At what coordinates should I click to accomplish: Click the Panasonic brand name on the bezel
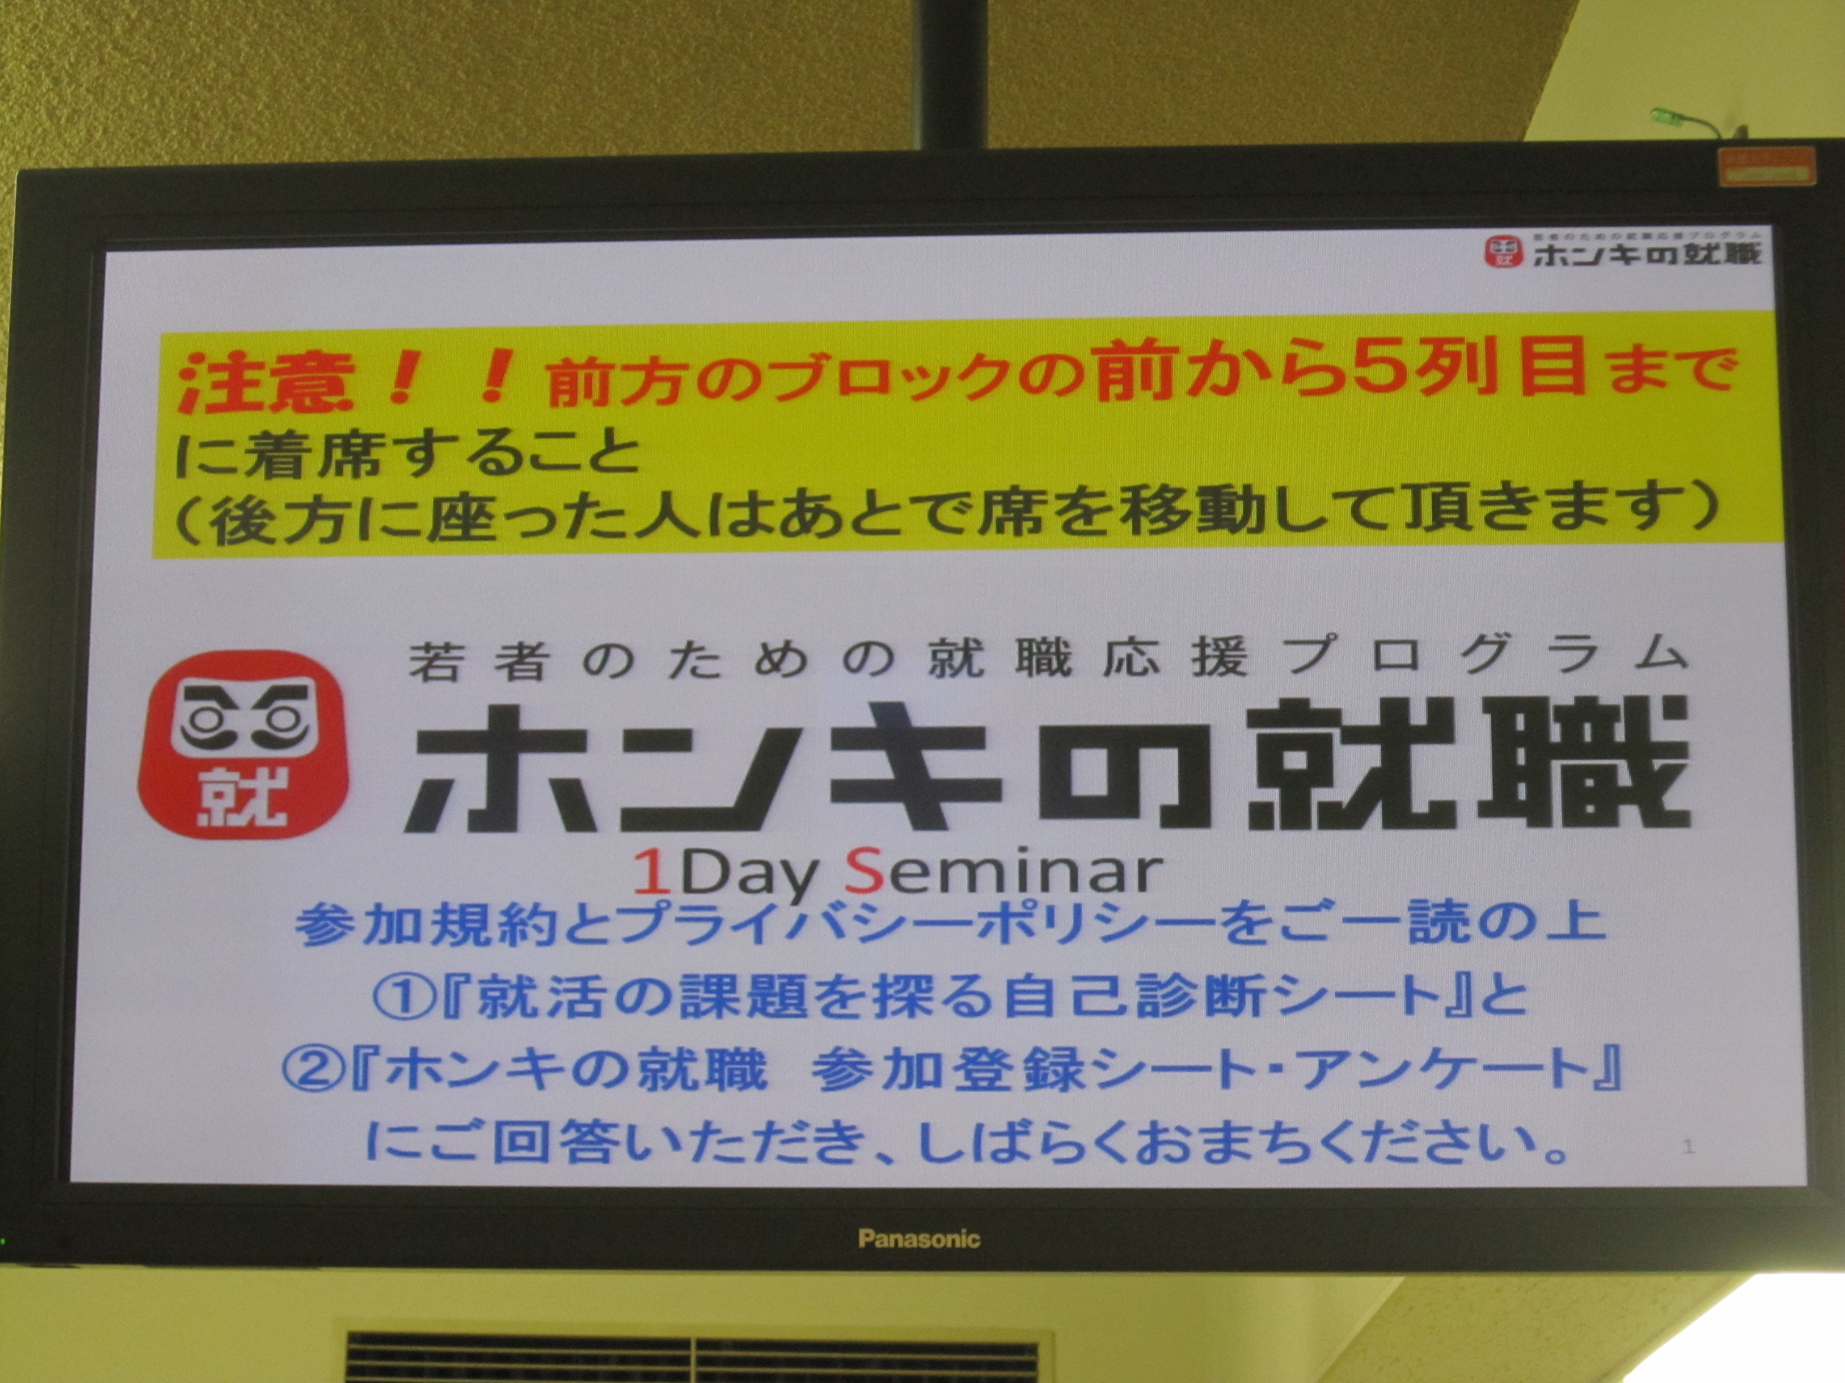click(x=919, y=1239)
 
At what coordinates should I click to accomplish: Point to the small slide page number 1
click(x=1688, y=1146)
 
